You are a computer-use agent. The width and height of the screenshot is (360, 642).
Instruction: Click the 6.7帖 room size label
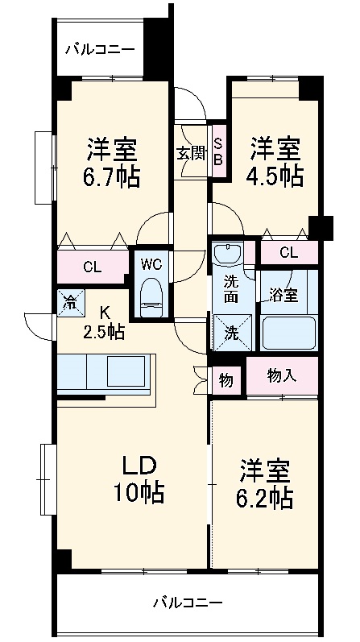coord(113,176)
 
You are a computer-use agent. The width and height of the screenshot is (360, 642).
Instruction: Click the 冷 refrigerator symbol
coord(70,303)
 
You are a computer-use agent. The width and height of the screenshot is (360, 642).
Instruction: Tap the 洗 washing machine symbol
coord(230,330)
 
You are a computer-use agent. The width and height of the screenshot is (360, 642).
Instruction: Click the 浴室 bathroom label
coord(284,295)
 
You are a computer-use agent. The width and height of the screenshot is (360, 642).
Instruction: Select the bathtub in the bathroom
coord(288,332)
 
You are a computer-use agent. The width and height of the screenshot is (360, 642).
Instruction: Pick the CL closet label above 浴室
coord(288,253)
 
